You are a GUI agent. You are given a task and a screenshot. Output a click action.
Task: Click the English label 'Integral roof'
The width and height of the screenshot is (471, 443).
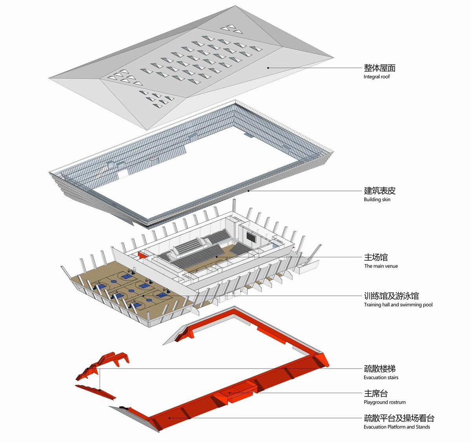(376, 77)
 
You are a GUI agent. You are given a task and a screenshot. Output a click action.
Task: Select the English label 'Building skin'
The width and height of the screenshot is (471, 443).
(377, 200)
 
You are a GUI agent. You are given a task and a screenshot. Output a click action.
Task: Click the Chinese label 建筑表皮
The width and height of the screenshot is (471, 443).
(380, 191)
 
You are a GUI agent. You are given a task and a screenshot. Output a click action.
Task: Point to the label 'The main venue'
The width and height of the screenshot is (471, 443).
(381, 266)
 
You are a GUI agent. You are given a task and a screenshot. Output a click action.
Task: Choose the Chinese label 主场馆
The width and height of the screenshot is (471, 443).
(376, 257)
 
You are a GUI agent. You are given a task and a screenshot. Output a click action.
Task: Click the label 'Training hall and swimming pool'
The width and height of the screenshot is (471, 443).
(398, 305)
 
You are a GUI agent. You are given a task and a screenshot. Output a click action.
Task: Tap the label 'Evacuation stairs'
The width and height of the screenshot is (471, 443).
(381, 377)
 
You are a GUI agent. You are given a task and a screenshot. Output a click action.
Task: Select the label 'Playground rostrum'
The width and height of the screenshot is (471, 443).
(385, 402)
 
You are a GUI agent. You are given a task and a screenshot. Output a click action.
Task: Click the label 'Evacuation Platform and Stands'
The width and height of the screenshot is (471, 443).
(397, 427)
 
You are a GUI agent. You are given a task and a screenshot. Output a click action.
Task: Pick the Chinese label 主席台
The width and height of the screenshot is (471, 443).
(376, 394)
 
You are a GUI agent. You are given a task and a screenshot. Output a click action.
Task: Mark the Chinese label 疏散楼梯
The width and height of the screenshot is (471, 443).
(380, 369)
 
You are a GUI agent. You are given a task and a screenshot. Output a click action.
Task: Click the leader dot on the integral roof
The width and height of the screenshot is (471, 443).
(268, 68)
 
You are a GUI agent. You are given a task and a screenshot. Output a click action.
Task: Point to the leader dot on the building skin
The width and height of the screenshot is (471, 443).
(248, 191)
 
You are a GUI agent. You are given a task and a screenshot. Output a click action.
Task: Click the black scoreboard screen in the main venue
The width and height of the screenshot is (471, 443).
(251, 237)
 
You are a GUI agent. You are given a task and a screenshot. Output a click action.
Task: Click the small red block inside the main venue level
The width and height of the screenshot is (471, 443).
(142, 255)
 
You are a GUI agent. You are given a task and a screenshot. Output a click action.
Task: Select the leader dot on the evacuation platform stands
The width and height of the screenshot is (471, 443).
(169, 418)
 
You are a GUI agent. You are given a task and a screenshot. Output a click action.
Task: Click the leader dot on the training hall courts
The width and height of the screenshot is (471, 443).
(144, 296)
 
